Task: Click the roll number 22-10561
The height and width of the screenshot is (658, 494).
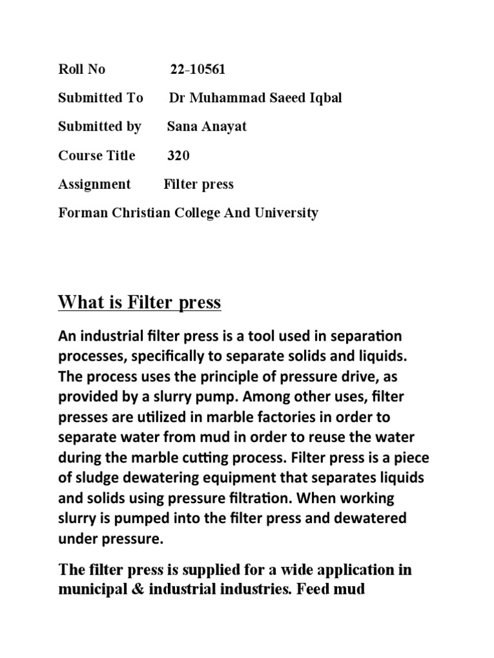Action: click(197, 69)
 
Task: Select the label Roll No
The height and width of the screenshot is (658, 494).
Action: click(82, 69)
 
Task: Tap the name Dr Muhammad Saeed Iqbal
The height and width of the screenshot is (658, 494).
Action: click(255, 98)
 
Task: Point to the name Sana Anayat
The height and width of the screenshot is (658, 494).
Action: click(206, 127)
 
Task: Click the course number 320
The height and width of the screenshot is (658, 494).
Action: click(178, 156)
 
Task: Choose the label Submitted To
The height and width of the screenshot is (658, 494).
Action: click(100, 98)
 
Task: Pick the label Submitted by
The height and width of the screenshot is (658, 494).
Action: click(100, 127)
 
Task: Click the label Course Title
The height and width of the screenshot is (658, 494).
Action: click(96, 156)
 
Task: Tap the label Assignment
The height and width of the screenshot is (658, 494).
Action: click(94, 184)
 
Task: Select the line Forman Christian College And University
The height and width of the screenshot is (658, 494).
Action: click(188, 213)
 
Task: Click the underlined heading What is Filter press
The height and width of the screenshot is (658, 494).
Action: click(140, 302)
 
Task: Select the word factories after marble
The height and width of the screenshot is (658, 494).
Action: click(284, 416)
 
